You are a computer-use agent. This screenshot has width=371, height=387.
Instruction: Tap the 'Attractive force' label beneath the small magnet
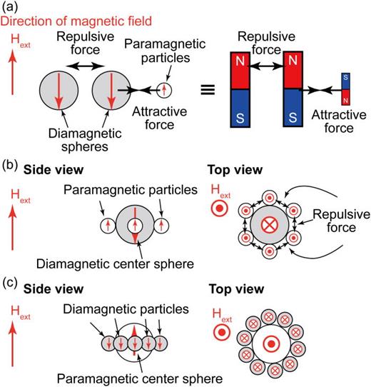pyautogui.click(x=332, y=122)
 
